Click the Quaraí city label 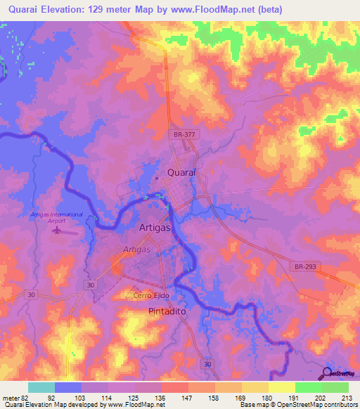coord(181,172)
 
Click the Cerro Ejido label coord(148,296)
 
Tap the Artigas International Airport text coord(57,217)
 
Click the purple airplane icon coord(58,231)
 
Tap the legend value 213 coord(342,397)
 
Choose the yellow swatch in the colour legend coord(281,387)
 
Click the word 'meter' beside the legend coord(11,397)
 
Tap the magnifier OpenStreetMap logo coord(327,373)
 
